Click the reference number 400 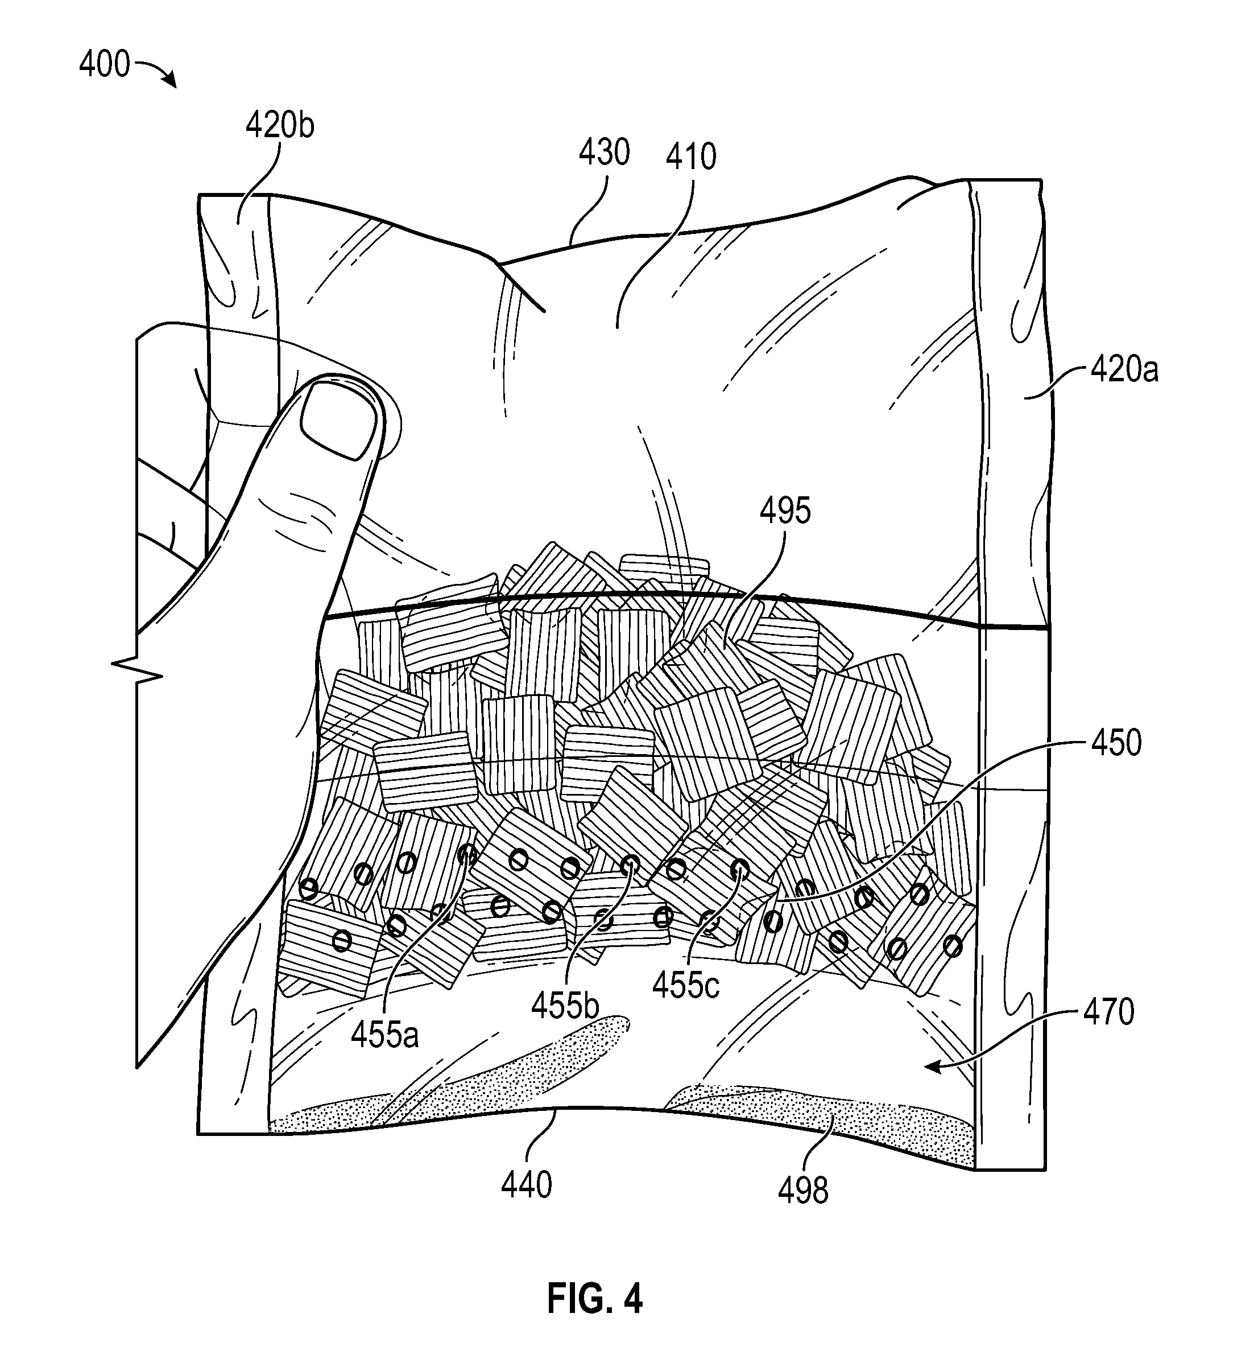pos(104,65)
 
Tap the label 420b pos(280,125)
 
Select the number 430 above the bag pos(605,153)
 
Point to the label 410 pos(691,157)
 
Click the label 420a pos(1124,370)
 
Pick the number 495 pos(785,510)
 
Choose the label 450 pos(1116,743)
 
